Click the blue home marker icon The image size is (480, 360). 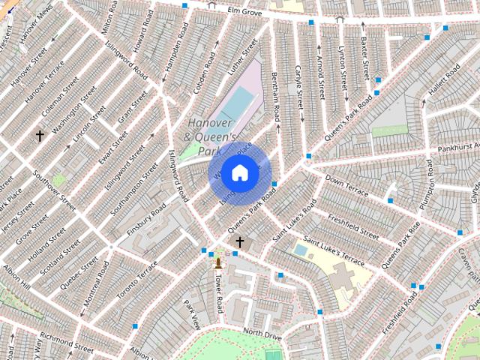[x=239, y=172]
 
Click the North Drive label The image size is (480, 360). [x=262, y=334]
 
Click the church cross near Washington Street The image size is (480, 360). [x=40, y=136]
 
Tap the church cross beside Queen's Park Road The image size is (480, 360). [x=240, y=241]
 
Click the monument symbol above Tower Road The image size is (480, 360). [x=218, y=262]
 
